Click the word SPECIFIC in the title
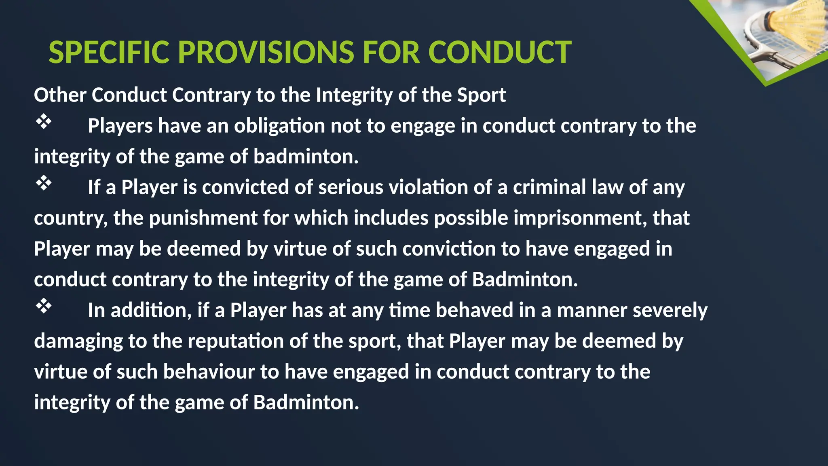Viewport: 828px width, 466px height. [109, 53]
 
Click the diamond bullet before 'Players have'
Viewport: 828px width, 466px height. [44, 121]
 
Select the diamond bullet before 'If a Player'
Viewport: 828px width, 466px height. [44, 183]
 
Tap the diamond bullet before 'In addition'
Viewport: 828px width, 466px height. [44, 306]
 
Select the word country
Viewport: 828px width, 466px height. [70, 218]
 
